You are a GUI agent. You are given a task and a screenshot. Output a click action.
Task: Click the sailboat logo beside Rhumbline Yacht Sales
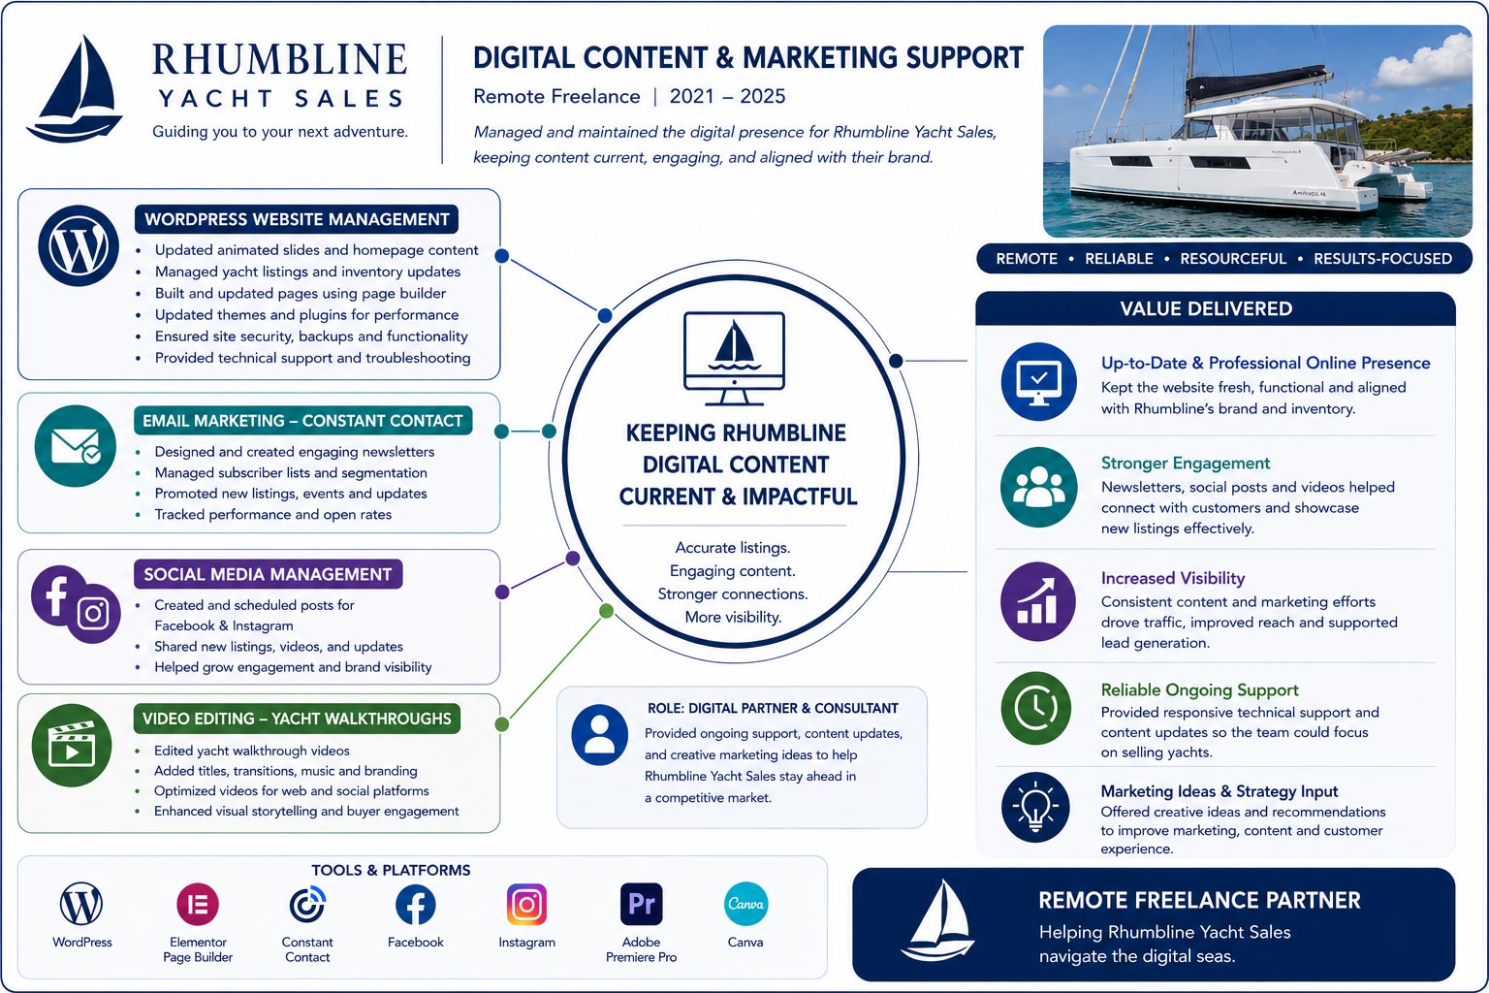pyautogui.click(x=75, y=90)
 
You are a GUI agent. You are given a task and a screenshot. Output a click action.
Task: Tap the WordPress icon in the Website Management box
pyautogui.click(x=79, y=245)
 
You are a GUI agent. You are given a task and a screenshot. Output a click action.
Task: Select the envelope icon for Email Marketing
pyautogui.click(x=75, y=446)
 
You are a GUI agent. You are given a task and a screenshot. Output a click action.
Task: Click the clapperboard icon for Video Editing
pyautogui.click(x=72, y=745)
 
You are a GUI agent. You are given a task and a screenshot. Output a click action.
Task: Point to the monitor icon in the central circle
pyautogui.click(x=734, y=359)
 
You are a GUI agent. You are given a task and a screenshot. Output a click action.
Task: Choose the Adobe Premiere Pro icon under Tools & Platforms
pyautogui.click(x=641, y=904)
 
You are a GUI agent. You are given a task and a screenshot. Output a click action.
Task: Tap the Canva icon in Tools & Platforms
pyautogui.click(x=745, y=904)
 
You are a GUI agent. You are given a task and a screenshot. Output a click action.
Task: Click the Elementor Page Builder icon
pyautogui.click(x=198, y=905)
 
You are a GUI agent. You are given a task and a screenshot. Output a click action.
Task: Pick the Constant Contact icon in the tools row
pyautogui.click(x=307, y=905)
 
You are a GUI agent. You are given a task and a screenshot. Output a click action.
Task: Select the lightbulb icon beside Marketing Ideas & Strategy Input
pyautogui.click(x=1035, y=808)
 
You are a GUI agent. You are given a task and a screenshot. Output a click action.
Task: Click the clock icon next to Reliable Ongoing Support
pyautogui.click(x=1035, y=708)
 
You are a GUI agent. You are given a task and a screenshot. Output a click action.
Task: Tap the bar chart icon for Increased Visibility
pyautogui.click(x=1037, y=601)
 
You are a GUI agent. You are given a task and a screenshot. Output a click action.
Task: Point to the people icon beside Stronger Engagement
pyautogui.click(x=1038, y=488)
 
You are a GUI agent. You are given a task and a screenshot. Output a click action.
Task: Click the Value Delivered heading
pyautogui.click(x=1206, y=308)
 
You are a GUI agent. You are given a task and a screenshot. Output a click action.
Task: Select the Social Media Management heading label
pyautogui.click(x=268, y=574)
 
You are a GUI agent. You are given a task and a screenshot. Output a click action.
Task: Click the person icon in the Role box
pyautogui.click(x=600, y=734)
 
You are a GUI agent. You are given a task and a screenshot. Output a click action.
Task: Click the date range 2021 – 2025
pyautogui.click(x=727, y=96)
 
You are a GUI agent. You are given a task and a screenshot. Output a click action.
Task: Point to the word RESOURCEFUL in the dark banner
pyautogui.click(x=1233, y=259)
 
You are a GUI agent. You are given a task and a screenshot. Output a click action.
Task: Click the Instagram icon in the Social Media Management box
pyautogui.click(x=93, y=613)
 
